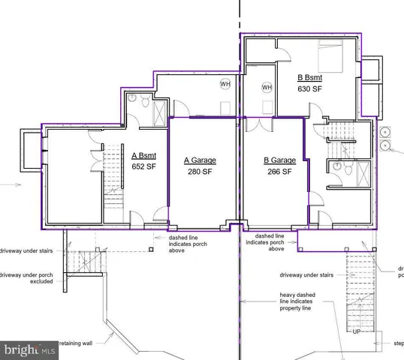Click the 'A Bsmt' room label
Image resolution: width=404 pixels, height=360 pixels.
(x=143, y=156)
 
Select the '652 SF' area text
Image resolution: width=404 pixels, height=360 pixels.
(x=143, y=166)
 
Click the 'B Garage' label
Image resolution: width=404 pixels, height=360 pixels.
(x=279, y=160)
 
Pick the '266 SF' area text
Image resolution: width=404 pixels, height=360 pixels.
(x=279, y=171)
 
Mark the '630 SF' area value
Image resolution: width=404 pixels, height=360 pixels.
(x=309, y=89)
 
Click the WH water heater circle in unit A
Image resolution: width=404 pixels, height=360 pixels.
(x=225, y=84)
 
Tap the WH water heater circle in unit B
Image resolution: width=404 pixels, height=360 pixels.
(x=267, y=88)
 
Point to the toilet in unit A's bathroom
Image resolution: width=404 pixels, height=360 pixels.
(x=133, y=98)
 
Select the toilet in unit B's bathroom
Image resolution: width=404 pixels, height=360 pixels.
(x=339, y=168)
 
